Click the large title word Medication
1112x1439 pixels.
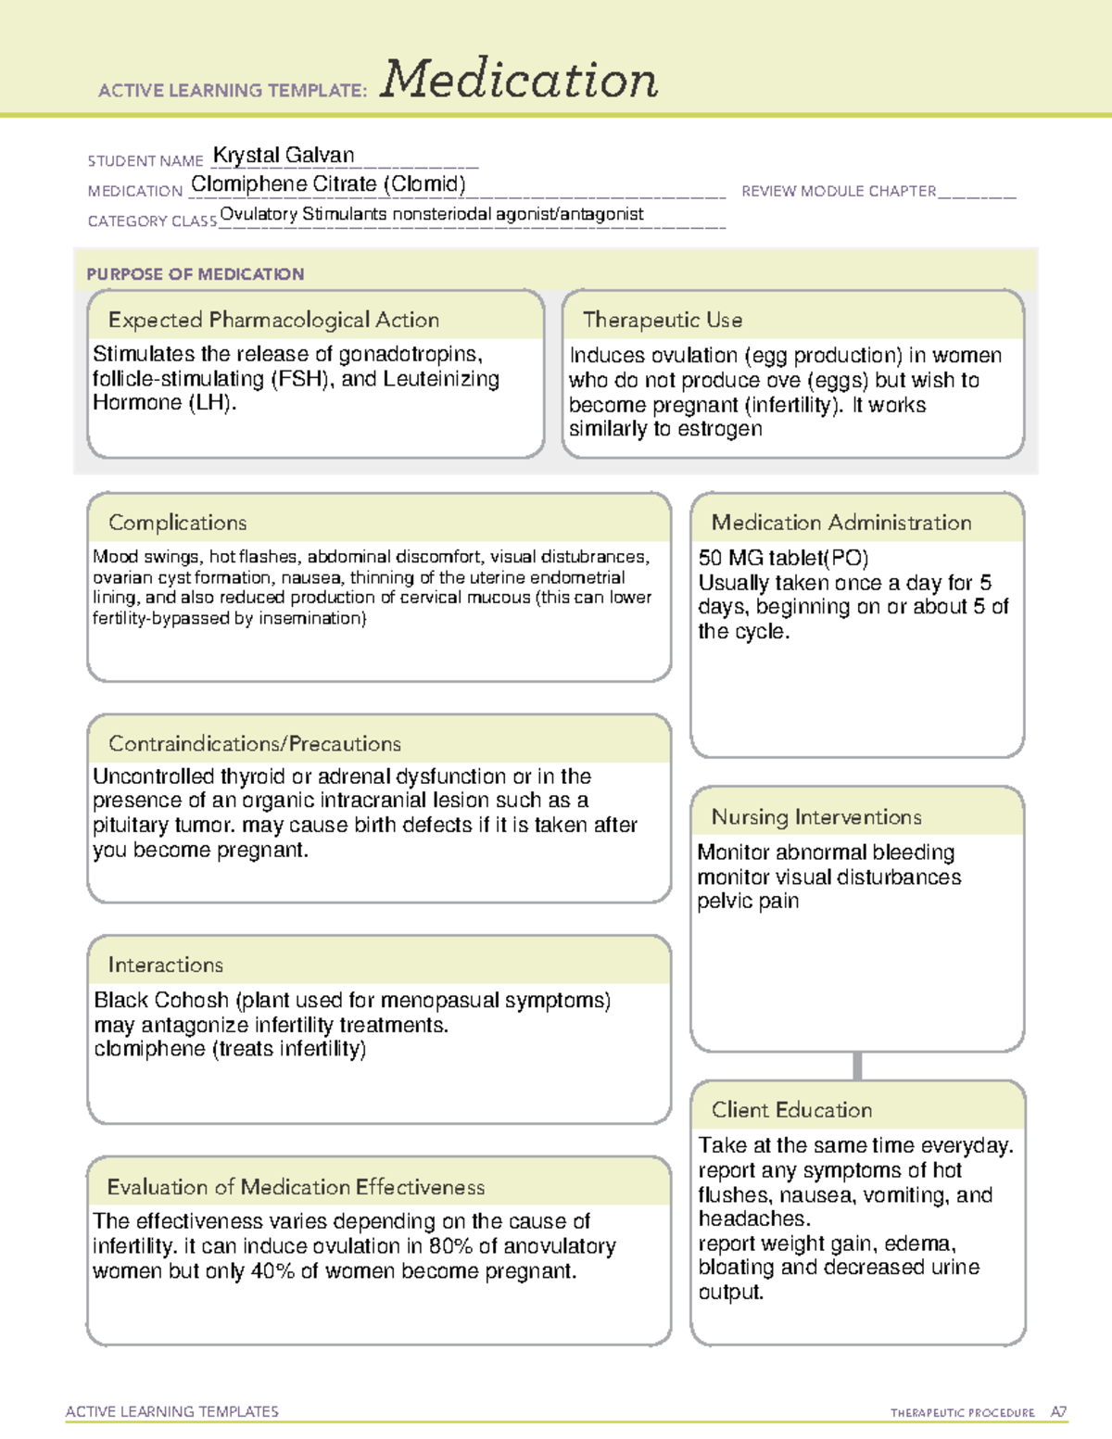pyautogui.click(x=519, y=80)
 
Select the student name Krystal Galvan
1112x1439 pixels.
pyautogui.click(x=284, y=155)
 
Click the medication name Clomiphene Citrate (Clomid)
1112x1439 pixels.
pyautogui.click(x=328, y=184)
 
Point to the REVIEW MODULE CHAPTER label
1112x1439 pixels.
pyautogui.click(x=839, y=191)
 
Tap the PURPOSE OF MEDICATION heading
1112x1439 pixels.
pyautogui.click(x=196, y=274)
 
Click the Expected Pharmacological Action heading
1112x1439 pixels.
pyautogui.click(x=273, y=320)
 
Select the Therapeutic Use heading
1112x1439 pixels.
pyautogui.click(x=663, y=320)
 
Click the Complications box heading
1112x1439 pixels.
pyautogui.click(x=178, y=523)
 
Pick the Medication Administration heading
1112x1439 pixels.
pyautogui.click(x=841, y=523)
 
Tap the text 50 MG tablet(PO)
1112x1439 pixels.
pyautogui.click(x=783, y=558)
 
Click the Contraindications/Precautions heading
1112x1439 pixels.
pyautogui.click(x=255, y=743)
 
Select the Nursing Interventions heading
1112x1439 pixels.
pyautogui.click(x=816, y=817)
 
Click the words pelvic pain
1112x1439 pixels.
pyautogui.click(x=748, y=902)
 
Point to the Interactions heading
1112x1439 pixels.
pyautogui.click(x=166, y=965)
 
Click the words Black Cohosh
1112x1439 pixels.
pyautogui.click(x=161, y=1001)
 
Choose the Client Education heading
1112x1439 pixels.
pyautogui.click(x=792, y=1110)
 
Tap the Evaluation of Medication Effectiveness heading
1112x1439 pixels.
pyautogui.click(x=296, y=1187)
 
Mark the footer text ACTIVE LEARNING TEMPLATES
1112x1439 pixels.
pyautogui.click(x=172, y=1411)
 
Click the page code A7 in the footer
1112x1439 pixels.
pyautogui.click(x=1058, y=1412)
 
